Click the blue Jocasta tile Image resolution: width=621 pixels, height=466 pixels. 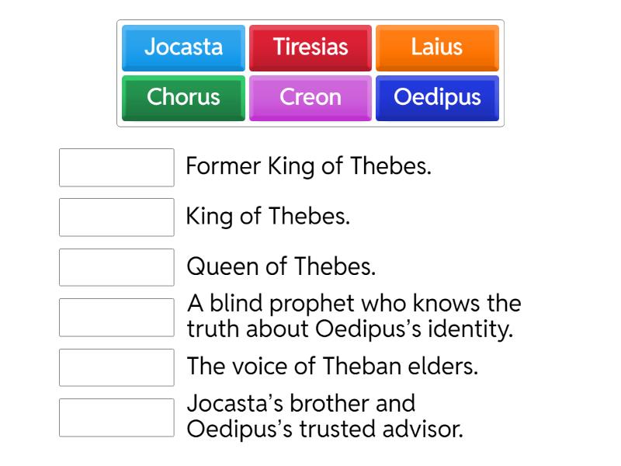(x=183, y=47)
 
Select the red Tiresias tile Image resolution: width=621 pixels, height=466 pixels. (x=310, y=47)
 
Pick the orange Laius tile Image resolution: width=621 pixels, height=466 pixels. (x=437, y=47)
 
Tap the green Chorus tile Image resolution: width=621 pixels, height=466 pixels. (x=183, y=98)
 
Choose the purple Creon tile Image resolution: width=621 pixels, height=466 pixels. (x=310, y=98)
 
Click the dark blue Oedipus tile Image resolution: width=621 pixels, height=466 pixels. (x=437, y=98)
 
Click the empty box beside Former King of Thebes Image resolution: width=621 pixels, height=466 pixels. (x=116, y=168)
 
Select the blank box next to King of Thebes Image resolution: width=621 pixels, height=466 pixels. (x=116, y=217)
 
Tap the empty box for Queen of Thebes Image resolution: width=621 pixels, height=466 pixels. (x=116, y=267)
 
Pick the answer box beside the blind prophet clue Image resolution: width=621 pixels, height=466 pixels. (x=116, y=318)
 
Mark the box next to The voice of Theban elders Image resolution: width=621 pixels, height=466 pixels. (x=116, y=367)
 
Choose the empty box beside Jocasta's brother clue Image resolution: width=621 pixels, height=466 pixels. (x=116, y=418)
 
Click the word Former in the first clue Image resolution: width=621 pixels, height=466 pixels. (x=224, y=166)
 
